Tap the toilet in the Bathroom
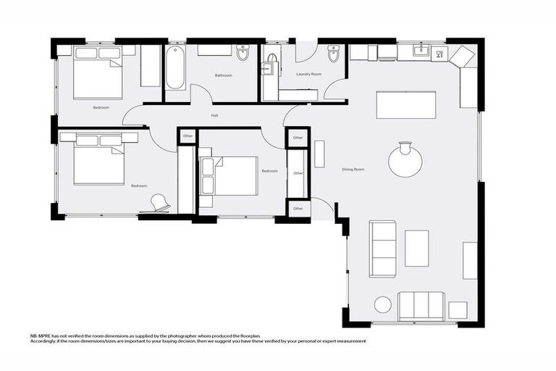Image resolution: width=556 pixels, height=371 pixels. (x=243, y=53)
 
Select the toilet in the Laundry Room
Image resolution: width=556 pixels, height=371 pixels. (x=333, y=54)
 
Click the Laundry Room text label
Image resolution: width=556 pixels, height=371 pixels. (x=309, y=74)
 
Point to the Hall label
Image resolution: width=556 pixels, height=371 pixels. (x=214, y=115)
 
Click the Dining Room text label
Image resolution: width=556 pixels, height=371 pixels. (x=353, y=169)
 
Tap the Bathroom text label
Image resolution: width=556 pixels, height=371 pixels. (x=223, y=75)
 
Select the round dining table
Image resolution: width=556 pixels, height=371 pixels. (x=405, y=161)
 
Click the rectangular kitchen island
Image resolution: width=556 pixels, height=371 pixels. (x=406, y=104)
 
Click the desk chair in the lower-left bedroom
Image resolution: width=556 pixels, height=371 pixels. (x=160, y=204)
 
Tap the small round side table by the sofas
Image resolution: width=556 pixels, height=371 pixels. (x=382, y=304)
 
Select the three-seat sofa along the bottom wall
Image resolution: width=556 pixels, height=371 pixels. (x=421, y=306)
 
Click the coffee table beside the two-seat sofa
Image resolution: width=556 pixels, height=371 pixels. (x=416, y=248)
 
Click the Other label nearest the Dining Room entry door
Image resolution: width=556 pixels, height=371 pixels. (x=298, y=209)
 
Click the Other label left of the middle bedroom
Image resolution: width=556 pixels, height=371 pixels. (x=188, y=136)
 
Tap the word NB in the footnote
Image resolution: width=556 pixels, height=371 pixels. (x=33, y=335)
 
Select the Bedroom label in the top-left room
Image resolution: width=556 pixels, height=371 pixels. (x=101, y=107)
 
